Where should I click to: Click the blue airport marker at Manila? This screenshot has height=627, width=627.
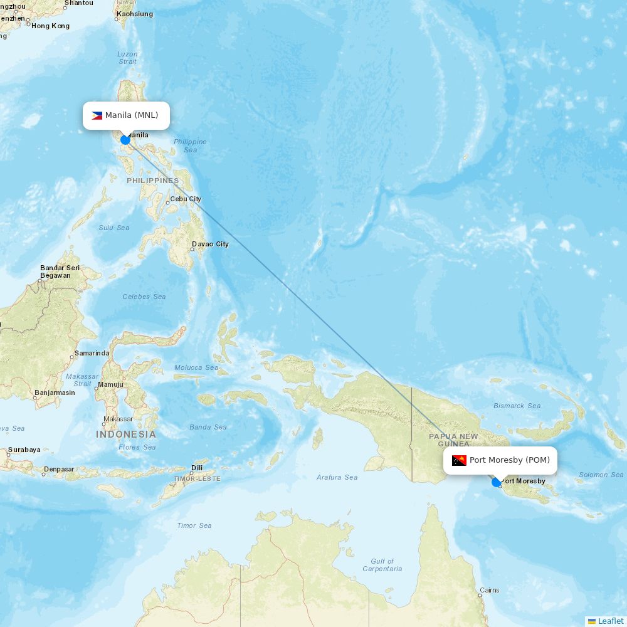pos(125,139)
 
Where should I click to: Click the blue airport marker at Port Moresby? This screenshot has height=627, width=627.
pos(497,482)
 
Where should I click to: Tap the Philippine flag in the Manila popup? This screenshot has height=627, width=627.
pos(97,115)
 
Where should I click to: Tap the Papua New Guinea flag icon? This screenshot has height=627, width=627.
pos(459,460)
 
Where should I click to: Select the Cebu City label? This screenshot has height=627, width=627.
pos(186,199)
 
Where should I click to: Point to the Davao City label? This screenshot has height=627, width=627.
pos(210,244)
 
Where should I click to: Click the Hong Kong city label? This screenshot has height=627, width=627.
pos(50,26)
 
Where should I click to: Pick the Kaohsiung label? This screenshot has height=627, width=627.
pos(135,14)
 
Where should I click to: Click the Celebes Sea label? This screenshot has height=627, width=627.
pos(144,297)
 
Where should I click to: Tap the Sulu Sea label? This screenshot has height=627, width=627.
pos(114,228)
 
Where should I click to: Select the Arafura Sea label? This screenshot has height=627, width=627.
pos(337,477)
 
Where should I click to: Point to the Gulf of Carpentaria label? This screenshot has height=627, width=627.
pos(382,565)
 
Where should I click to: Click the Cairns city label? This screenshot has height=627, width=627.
pos(489,590)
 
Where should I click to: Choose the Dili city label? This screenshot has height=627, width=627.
pos(197,468)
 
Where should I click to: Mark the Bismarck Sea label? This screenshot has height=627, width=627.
pos(517,406)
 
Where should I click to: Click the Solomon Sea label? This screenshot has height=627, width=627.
pos(601,475)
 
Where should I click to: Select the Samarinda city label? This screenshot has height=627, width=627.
pos(92,353)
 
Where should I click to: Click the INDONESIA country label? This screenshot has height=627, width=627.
pos(126,434)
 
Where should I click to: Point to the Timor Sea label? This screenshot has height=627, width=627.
pos(194,525)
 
